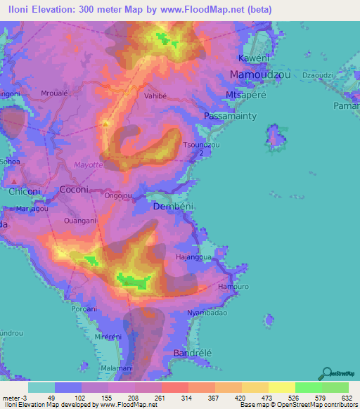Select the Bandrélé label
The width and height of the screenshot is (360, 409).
tap(192, 353)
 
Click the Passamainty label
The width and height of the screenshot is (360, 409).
tap(230, 115)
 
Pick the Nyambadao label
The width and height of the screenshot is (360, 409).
tap(207, 313)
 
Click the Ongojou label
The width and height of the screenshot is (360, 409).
tap(119, 197)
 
